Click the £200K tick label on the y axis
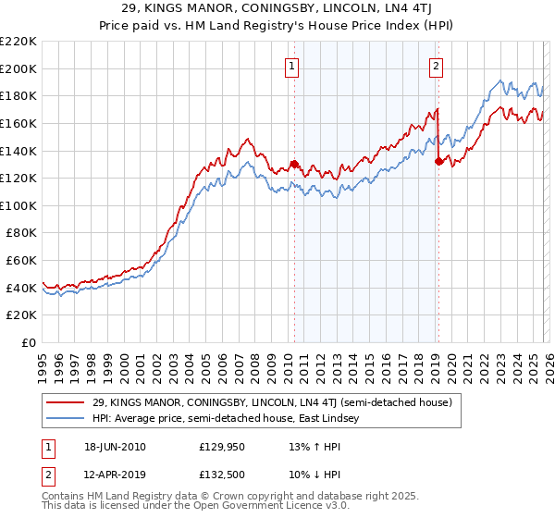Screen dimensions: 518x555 [x=18, y=68]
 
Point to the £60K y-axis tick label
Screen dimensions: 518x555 [x=21, y=261]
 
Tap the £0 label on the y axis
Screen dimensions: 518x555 [x=28, y=343]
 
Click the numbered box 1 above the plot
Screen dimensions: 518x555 [x=292, y=66]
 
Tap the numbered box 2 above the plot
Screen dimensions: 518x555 [x=436, y=66]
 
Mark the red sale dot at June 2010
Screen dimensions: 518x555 [x=294, y=165]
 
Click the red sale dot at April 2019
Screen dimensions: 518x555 [x=438, y=161]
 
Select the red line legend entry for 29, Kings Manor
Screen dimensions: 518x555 [x=271, y=402]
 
